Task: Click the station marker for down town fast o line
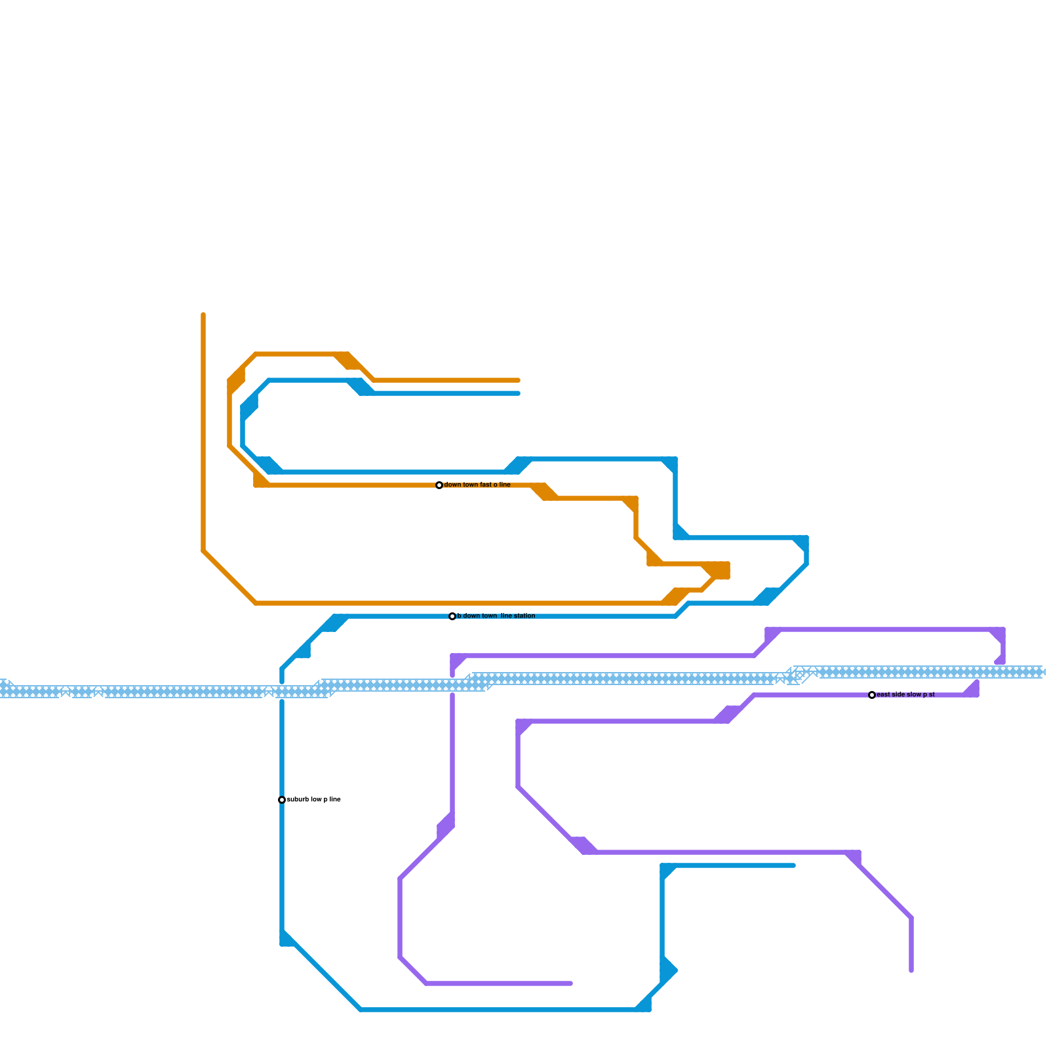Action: (439, 485)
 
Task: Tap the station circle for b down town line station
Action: (452, 616)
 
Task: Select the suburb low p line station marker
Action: (282, 800)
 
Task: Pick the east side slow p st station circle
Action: (872, 695)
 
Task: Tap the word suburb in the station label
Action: (298, 800)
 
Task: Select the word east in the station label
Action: (884, 695)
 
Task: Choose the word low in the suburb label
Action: (316, 800)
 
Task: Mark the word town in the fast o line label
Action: (470, 485)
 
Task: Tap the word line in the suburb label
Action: (334, 800)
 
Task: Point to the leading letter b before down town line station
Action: (459, 616)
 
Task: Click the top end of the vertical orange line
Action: (203, 315)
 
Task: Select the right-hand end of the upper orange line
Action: (519, 380)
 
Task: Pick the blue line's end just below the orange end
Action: (519, 393)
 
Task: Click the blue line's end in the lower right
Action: (794, 865)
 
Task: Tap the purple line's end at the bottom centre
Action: (571, 983)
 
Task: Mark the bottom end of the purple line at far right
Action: (911, 970)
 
